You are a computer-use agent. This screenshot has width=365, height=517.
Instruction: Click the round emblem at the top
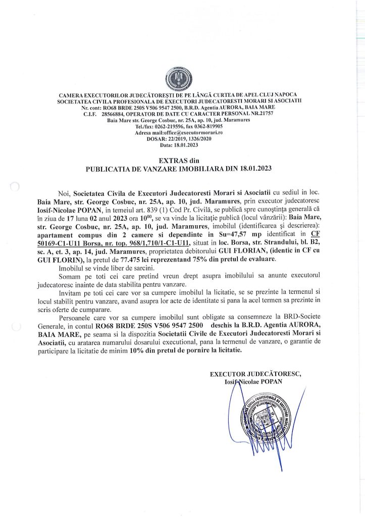(182, 80)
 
